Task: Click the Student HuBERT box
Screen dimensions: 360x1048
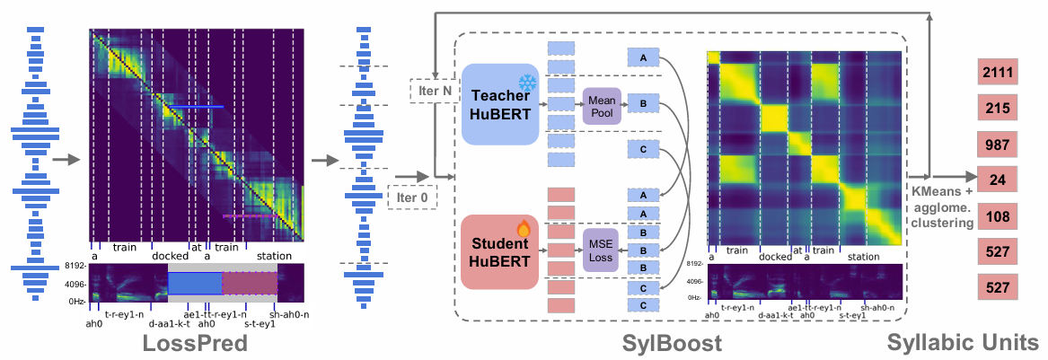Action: coord(500,252)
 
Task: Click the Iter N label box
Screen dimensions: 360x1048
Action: coord(433,91)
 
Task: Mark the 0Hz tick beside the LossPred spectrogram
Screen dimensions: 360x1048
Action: coord(75,302)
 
